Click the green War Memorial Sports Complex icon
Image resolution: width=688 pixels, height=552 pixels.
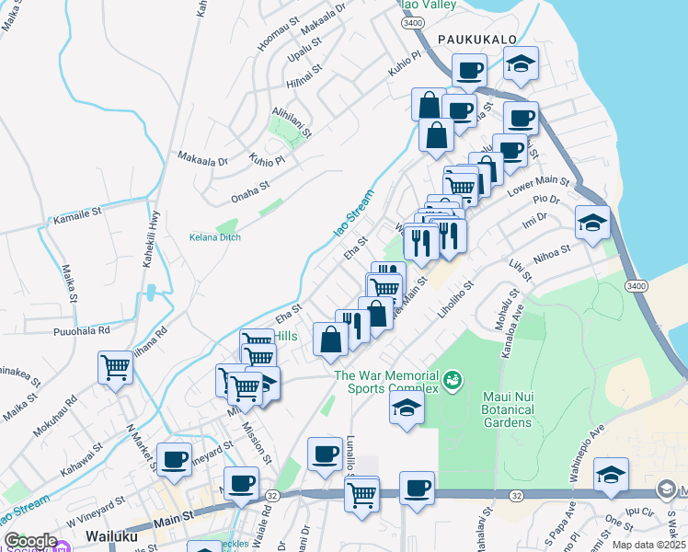click(x=452, y=379)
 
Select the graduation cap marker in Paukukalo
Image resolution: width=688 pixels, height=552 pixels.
click(x=522, y=63)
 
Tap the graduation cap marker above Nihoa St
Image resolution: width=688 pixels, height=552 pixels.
click(x=591, y=222)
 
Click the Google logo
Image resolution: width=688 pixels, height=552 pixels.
click(x=30, y=541)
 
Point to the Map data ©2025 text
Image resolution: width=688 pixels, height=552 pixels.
click(x=649, y=545)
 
